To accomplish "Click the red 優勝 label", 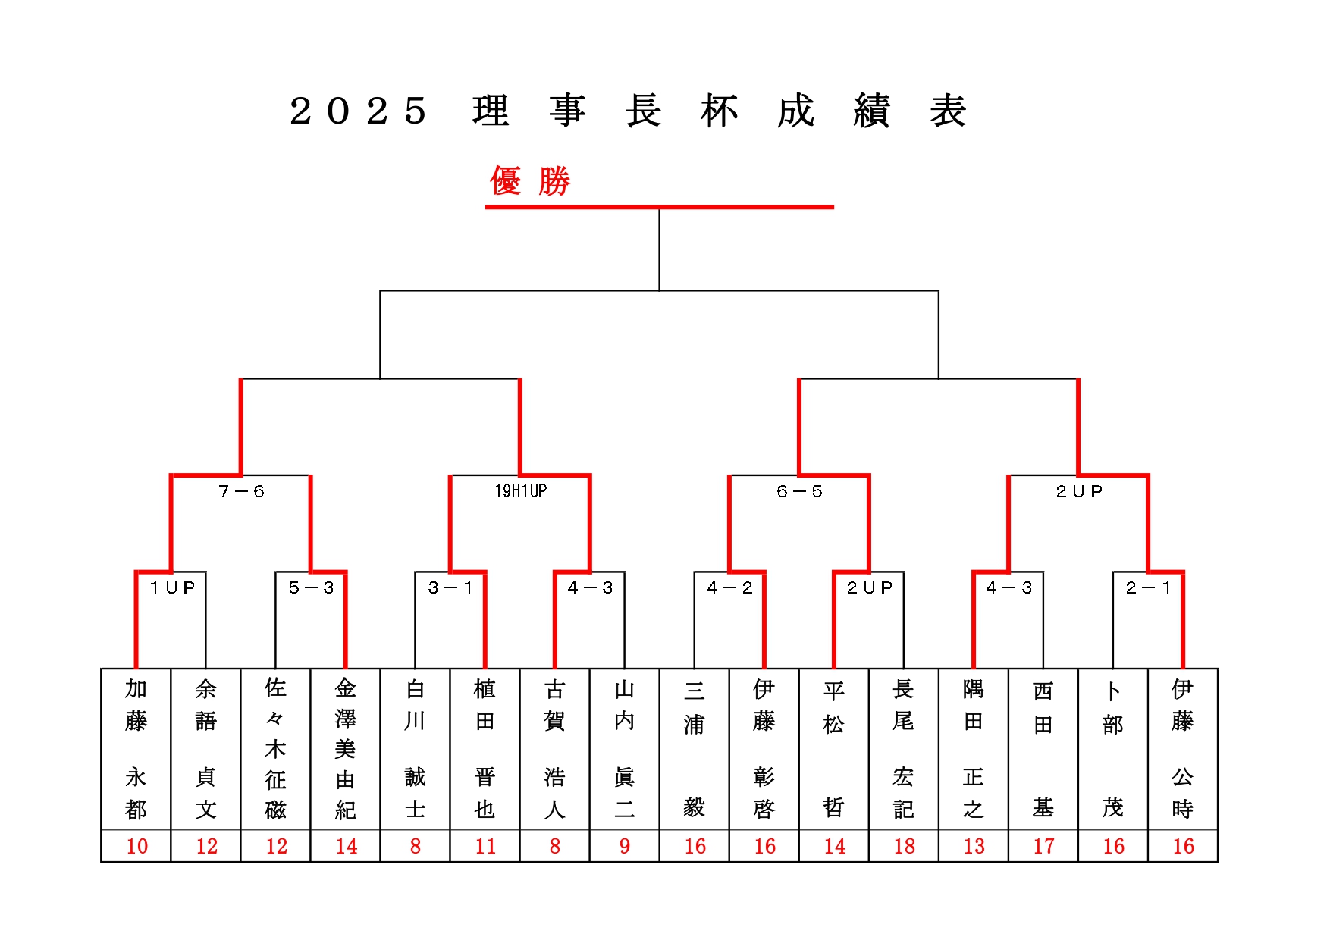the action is pos(530,181).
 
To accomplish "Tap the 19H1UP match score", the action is pos(521,491).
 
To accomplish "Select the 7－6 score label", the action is pos(241,491).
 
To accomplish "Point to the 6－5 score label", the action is pos(799,491).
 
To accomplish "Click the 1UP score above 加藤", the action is pos(172,587).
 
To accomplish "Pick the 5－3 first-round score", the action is pos(311,587).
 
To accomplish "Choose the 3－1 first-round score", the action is pos(450,587).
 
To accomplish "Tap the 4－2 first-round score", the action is pos(729,587).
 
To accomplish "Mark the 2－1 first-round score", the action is pos(1148,587).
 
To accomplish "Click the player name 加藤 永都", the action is pos(136,749).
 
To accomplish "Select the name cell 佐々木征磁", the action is pos(276,749).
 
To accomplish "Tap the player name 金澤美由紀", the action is pos(346,749).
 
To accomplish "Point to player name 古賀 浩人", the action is pos(555,749).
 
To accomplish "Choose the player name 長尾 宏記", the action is pos(904,749).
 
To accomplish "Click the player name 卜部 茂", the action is pos(1113,749).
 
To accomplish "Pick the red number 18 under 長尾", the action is pos(904,846).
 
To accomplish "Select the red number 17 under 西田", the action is pos(1043,846).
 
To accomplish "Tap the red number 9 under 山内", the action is pos(625,846).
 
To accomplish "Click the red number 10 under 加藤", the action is pos(136,846).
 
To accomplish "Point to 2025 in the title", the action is pos(358,111).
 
